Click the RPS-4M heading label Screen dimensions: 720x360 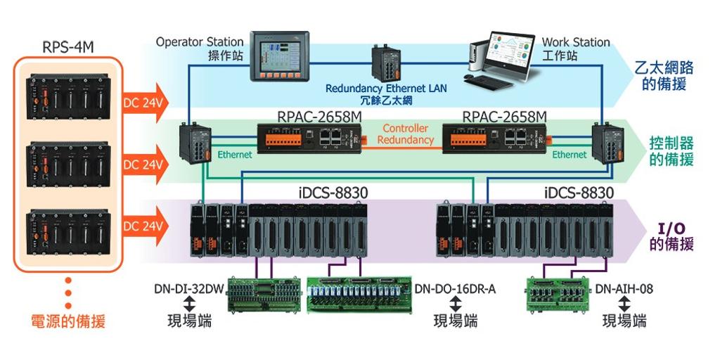click(x=68, y=47)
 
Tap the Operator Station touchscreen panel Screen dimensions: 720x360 click(x=279, y=56)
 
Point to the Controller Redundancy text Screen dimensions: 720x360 click(x=406, y=134)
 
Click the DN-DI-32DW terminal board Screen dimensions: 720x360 click(x=264, y=295)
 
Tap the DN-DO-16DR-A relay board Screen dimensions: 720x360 click(x=359, y=295)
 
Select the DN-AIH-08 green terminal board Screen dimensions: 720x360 click(x=558, y=295)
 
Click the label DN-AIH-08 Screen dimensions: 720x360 click(x=624, y=289)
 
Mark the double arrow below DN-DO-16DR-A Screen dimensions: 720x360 click(x=455, y=304)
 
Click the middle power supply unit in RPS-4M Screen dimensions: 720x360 click(x=68, y=165)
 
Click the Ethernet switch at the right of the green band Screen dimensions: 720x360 click(x=608, y=142)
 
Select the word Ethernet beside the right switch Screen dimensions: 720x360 click(x=570, y=155)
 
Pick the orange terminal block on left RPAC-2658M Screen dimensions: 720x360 click(x=284, y=139)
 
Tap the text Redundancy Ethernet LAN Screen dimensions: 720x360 click(x=386, y=88)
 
